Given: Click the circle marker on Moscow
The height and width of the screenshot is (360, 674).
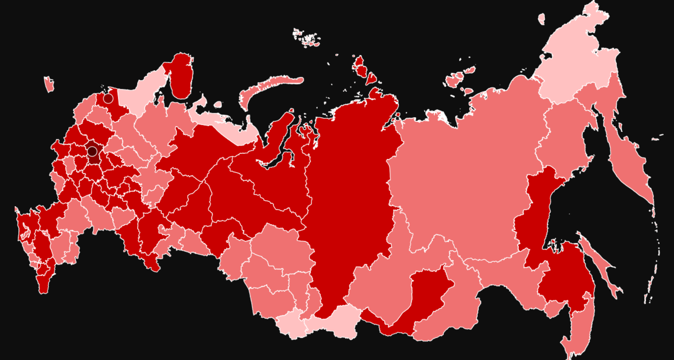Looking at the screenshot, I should point(92,151).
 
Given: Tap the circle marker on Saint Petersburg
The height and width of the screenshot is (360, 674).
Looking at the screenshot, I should point(108,98).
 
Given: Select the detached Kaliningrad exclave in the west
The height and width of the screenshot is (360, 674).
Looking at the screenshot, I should point(49,84).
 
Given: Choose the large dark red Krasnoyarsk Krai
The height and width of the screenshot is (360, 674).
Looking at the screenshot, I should point(349,194).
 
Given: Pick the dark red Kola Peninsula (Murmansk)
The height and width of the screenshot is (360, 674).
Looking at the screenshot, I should point(181,78).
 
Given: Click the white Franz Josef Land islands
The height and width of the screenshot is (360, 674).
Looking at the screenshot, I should point(306,38).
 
